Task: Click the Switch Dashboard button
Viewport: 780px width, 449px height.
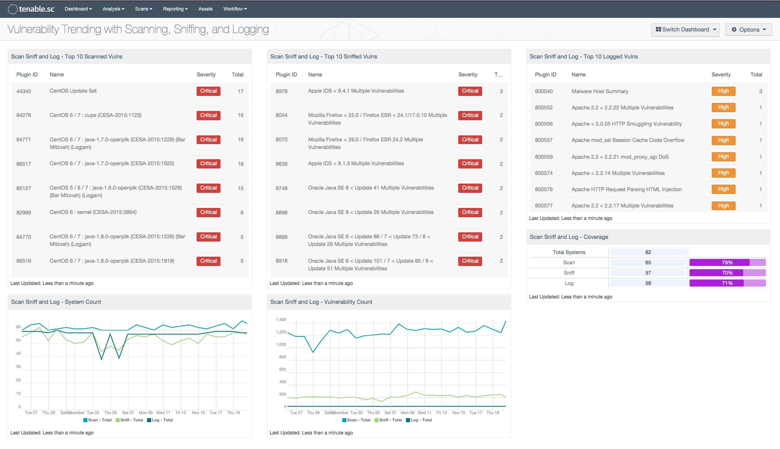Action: click(685, 30)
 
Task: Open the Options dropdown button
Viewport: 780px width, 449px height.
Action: click(748, 30)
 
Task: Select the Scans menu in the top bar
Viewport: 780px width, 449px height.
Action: click(144, 9)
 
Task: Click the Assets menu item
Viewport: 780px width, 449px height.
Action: click(205, 9)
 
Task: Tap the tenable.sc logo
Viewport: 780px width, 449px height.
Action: click(31, 9)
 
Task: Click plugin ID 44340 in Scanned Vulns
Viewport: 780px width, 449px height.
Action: click(24, 91)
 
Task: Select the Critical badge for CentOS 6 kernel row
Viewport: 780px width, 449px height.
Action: click(208, 212)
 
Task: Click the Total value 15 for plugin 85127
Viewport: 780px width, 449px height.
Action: click(240, 188)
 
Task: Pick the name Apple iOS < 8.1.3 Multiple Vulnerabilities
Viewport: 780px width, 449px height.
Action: click(356, 164)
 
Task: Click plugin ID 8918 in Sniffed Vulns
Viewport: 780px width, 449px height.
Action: click(281, 261)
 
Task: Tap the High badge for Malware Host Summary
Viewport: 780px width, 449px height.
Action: click(723, 91)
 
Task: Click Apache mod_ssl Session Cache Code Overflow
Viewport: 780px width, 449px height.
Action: click(628, 140)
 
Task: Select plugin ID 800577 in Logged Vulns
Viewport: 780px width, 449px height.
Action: click(544, 206)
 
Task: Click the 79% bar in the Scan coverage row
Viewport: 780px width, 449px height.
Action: click(727, 262)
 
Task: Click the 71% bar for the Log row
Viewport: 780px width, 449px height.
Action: click(727, 283)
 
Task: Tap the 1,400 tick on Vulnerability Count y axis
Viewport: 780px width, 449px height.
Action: click(281, 320)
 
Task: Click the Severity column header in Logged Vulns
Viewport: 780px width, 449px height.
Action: click(721, 75)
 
